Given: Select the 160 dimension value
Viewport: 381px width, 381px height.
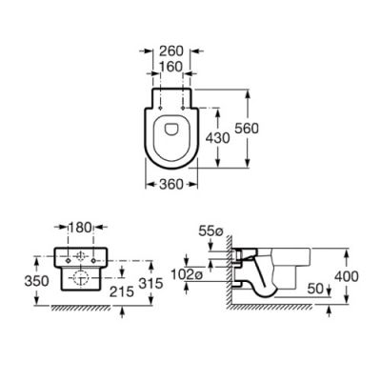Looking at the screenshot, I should (x=172, y=66).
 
